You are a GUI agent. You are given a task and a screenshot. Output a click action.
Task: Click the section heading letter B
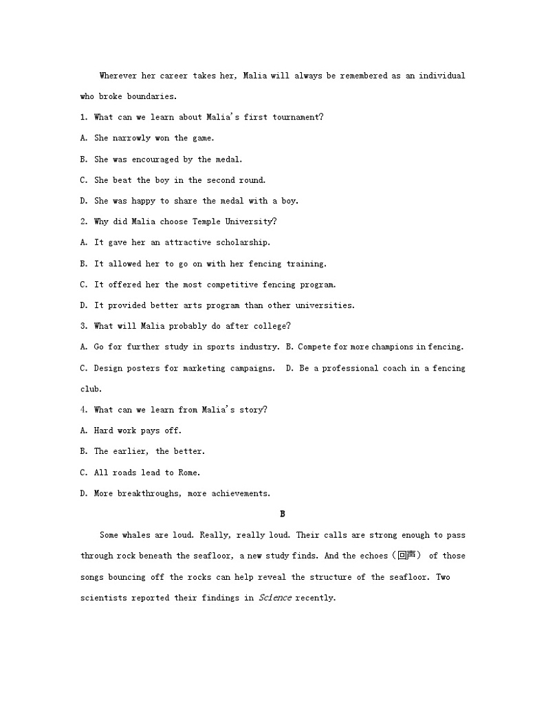282,514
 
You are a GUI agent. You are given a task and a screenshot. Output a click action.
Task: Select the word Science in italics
275,598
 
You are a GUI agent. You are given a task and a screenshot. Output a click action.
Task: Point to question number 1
83,117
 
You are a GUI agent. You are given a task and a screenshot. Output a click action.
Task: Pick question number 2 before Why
83,221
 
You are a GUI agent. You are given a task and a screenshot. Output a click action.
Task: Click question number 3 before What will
83,326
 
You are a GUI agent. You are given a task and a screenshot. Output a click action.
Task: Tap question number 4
83,410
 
